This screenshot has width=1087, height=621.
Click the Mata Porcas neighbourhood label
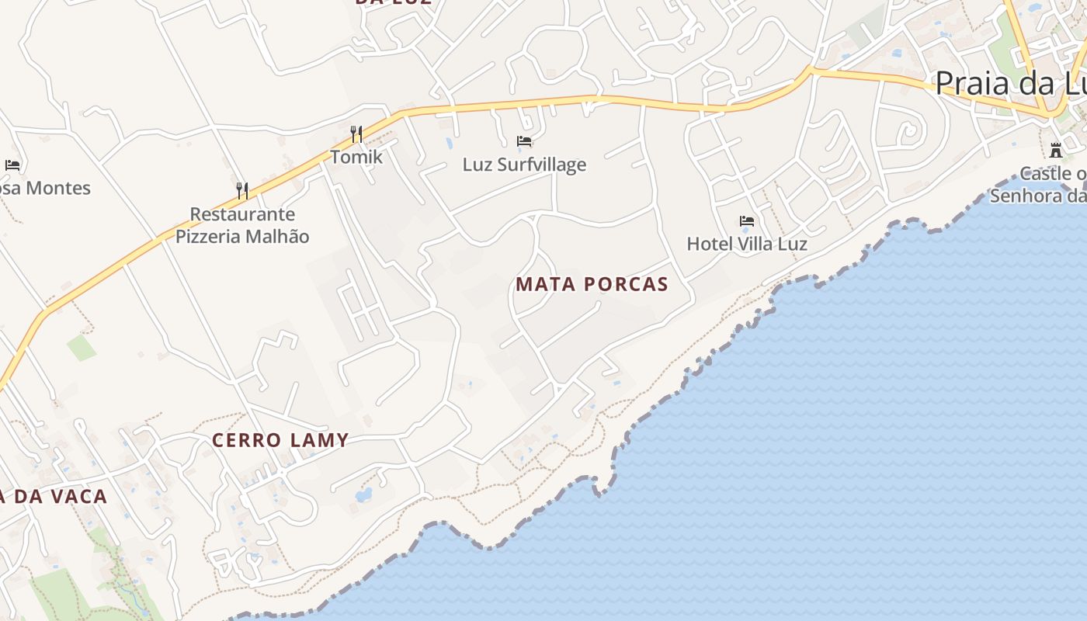tap(592, 284)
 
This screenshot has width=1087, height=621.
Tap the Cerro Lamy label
tap(280, 440)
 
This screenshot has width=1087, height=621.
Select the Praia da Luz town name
tap(1009, 83)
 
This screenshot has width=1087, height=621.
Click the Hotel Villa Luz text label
tap(747, 244)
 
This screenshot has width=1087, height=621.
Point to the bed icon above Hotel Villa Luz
tap(747, 221)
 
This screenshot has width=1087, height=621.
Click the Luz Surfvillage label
tap(524, 165)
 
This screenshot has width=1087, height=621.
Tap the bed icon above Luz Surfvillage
tap(524, 141)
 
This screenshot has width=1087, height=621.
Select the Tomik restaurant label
tap(356, 157)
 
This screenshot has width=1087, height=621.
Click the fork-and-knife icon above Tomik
tap(356, 134)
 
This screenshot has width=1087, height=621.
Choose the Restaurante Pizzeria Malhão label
tap(242, 225)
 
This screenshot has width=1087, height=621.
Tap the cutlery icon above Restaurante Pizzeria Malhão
tap(242, 190)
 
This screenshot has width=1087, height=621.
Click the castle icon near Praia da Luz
tap(1056, 150)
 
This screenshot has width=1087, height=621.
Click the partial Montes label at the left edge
tap(47, 188)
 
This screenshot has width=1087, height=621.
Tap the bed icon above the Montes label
tap(12, 165)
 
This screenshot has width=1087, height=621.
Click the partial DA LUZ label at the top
tap(393, 2)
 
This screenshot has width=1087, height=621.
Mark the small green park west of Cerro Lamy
tap(81, 347)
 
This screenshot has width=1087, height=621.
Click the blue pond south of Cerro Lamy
tap(363, 494)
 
